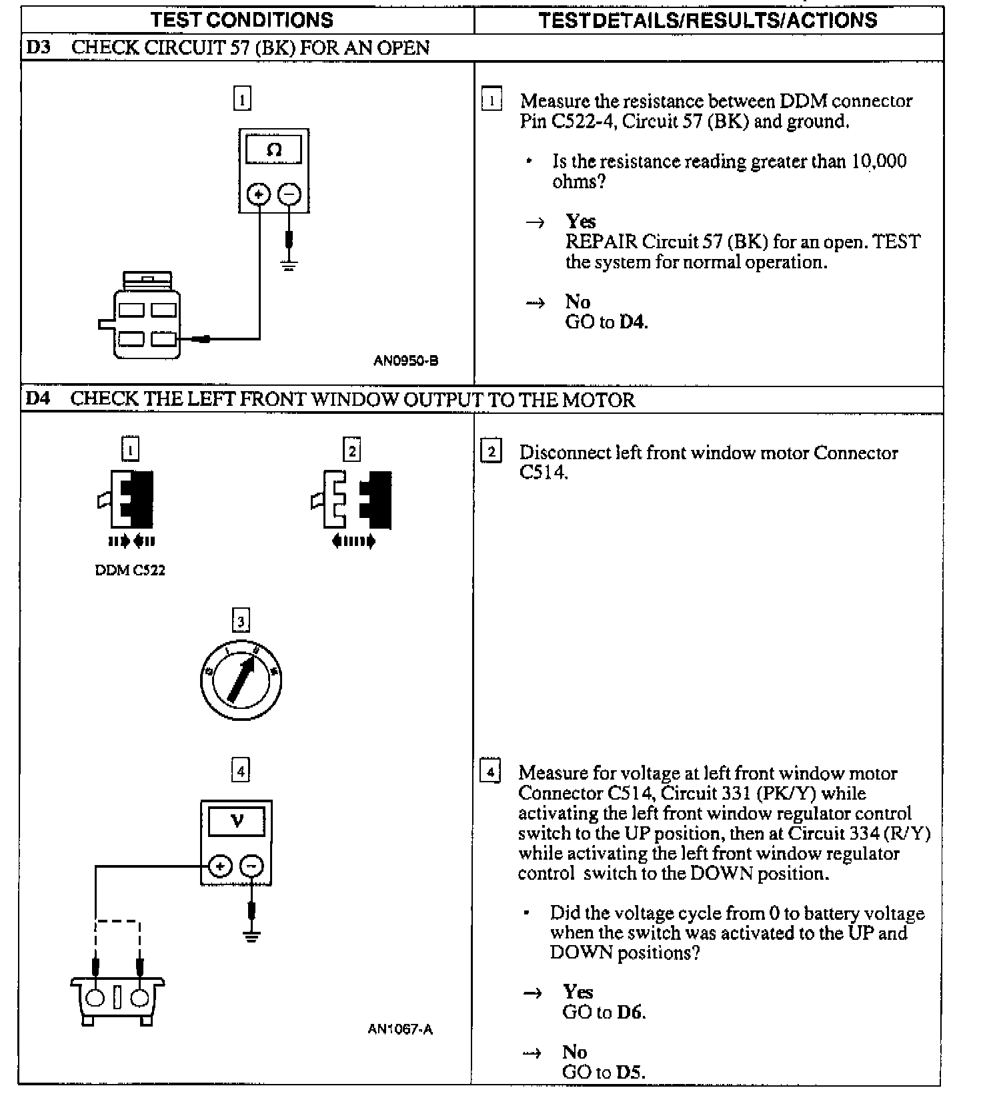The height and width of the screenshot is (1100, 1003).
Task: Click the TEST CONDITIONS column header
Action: pyautogui.click(x=241, y=20)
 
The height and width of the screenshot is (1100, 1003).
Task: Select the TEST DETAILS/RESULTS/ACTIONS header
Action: pyautogui.click(x=708, y=20)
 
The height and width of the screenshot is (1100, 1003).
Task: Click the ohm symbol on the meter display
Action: pyautogui.click(x=273, y=150)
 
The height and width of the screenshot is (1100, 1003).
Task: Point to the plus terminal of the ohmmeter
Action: pyautogui.click(x=259, y=194)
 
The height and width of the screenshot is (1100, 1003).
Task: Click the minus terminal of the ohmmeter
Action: pyautogui.click(x=289, y=194)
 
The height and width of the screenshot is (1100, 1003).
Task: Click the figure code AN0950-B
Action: pyautogui.click(x=405, y=361)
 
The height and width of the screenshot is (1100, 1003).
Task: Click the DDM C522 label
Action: pyautogui.click(x=130, y=571)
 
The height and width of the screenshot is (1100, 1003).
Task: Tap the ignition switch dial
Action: pyautogui.click(x=241, y=680)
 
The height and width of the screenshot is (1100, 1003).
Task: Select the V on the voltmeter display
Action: pyautogui.click(x=237, y=821)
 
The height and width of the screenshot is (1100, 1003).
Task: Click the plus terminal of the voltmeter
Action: pyautogui.click(x=220, y=866)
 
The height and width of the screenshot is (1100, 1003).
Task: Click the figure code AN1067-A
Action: pyautogui.click(x=400, y=1029)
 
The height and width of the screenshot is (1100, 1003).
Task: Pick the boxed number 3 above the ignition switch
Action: pyautogui.click(x=241, y=621)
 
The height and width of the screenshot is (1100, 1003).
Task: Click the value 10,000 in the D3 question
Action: pyautogui.click(x=878, y=162)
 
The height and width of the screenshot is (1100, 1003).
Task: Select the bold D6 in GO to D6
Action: pyautogui.click(x=630, y=1012)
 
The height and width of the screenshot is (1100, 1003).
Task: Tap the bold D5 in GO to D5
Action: pyautogui.click(x=630, y=1072)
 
